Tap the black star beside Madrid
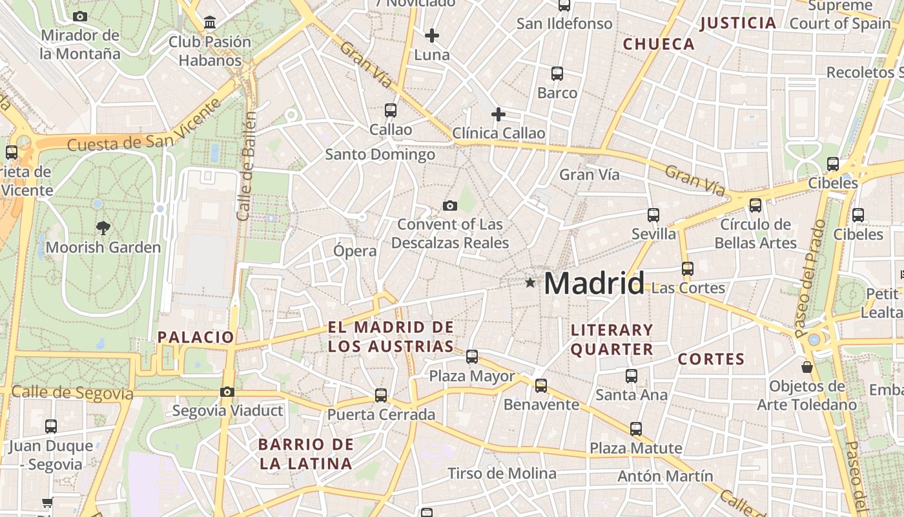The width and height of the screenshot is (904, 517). [530, 282]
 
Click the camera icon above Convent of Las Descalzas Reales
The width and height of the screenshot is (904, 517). [450, 206]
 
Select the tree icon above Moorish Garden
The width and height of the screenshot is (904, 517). [103, 227]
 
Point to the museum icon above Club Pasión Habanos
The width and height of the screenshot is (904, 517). [210, 23]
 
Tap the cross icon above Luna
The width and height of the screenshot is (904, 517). [432, 35]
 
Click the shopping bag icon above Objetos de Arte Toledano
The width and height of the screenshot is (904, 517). [806, 367]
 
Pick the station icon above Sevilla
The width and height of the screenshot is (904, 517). [653, 215]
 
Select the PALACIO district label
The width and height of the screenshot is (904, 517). [196, 337]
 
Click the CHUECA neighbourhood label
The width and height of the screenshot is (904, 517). [659, 44]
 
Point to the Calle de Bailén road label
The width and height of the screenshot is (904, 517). [247, 165]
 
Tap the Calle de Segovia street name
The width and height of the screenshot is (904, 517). [72, 392]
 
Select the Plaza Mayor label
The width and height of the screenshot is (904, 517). [472, 376]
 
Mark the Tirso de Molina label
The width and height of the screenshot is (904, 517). [502, 473]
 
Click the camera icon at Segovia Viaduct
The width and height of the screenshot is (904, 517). [227, 392]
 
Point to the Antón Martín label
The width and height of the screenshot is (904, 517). [665, 476]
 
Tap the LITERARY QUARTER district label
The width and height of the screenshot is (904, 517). [612, 340]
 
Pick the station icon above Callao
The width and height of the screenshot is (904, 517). [391, 110]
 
